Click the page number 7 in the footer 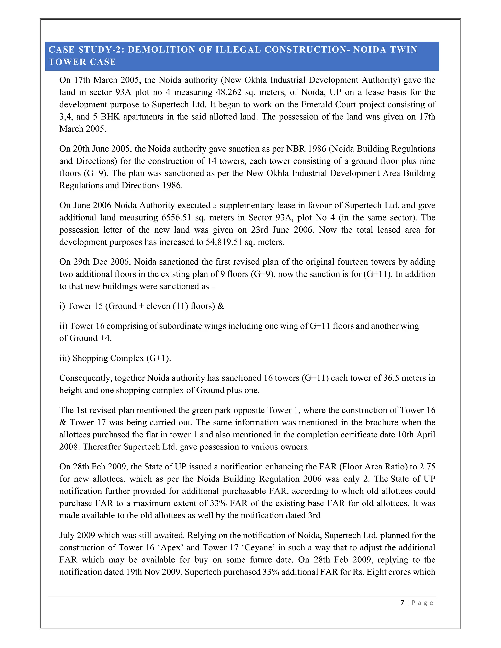tap(402, 603)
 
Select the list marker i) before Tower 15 tap(62, 306)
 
